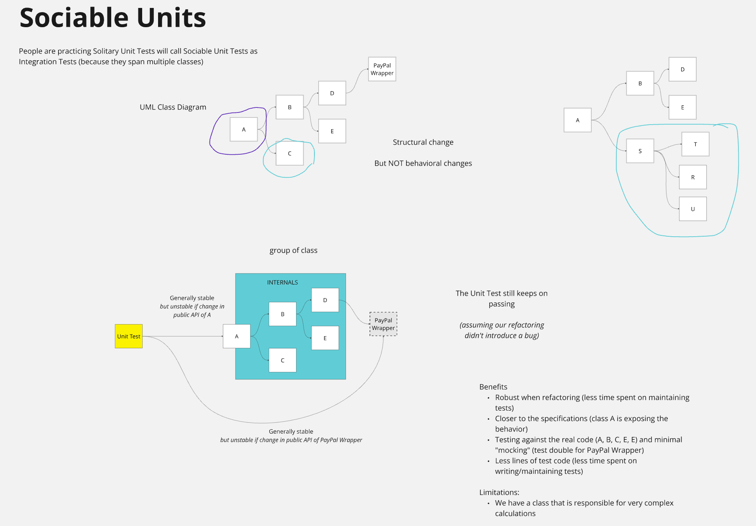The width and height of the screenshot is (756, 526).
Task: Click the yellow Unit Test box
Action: point(129,336)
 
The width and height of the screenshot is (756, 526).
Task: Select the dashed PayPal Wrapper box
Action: point(383,324)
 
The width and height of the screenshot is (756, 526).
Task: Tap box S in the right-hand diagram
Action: point(640,151)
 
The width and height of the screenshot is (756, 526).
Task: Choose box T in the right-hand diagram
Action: point(695,144)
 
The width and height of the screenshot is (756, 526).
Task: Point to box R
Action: point(693,177)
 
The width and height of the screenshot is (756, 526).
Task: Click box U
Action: point(693,209)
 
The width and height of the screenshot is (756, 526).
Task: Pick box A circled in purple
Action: point(244,130)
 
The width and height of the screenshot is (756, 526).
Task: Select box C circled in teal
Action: point(290,153)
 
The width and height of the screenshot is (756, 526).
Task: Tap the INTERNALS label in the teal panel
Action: point(282,283)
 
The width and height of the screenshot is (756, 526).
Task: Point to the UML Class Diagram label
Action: point(173,107)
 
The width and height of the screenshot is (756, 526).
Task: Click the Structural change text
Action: point(423,142)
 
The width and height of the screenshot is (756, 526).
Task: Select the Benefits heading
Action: point(493,387)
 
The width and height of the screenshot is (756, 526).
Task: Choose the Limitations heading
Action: point(499,492)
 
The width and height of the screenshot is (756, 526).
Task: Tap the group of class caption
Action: point(293,250)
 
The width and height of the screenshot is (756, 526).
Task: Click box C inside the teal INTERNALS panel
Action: point(283,360)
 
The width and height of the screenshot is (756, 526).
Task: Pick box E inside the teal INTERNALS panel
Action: point(325,338)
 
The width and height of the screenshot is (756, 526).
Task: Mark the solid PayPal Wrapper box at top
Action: point(382,69)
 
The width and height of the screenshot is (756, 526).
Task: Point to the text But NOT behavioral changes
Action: point(423,163)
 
